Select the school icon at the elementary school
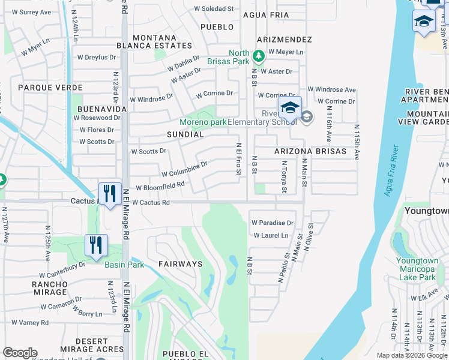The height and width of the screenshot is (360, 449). [x=290, y=109]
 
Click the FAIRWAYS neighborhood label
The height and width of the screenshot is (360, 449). [x=180, y=264]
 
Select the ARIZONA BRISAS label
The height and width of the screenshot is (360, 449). [x=310, y=151]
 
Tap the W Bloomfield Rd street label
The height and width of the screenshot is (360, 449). [x=160, y=187]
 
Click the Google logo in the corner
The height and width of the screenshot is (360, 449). [x=20, y=353]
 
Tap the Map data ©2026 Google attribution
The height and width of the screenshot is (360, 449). [x=411, y=355]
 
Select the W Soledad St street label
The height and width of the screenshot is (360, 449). [x=214, y=9]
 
